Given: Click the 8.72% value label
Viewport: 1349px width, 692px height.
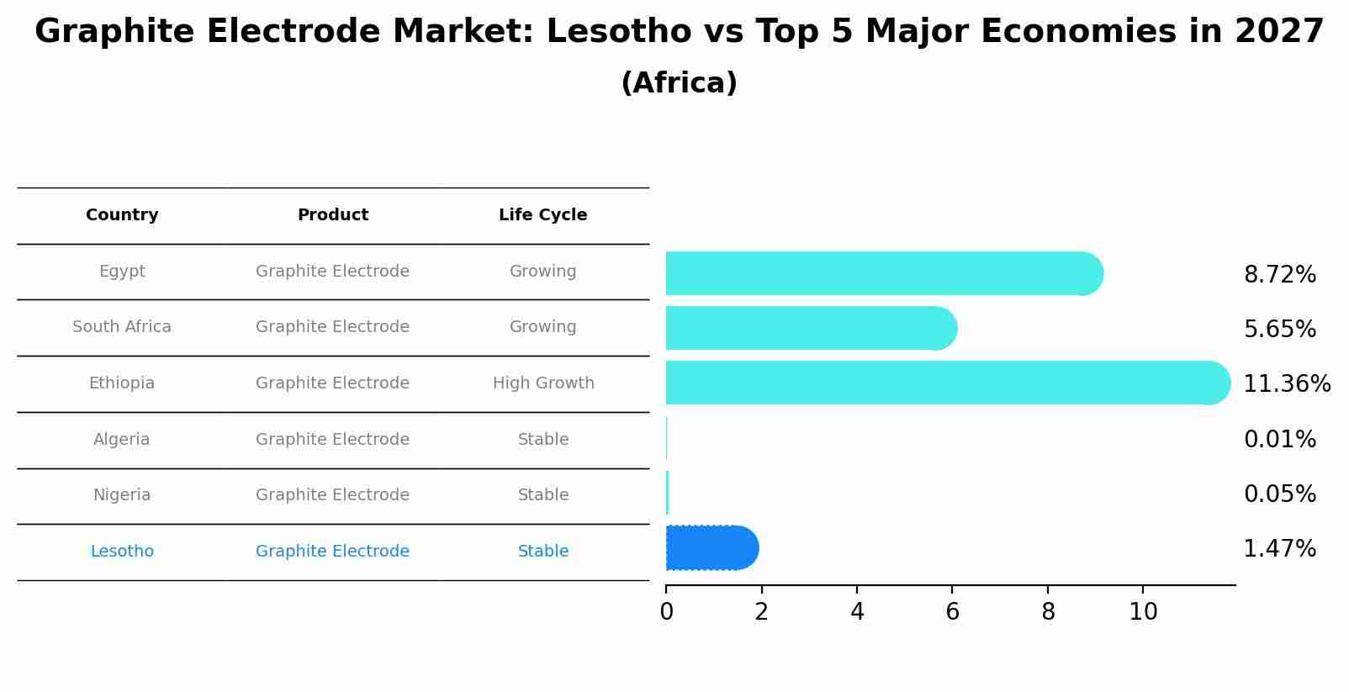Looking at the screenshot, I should pos(1279,275).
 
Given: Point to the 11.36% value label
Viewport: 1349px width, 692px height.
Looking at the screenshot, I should pos(1286,384).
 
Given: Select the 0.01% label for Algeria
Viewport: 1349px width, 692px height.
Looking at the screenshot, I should pos(1279,440).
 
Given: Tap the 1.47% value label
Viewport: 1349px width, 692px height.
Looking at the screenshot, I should pos(1279,549).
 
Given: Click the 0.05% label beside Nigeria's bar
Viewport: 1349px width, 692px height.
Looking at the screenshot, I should pos(1279,494).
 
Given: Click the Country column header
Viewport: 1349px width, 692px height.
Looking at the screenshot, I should pos(122,215).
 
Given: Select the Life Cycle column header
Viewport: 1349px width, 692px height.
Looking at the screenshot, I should pos(542,215).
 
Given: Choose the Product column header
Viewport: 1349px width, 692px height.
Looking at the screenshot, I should pos(332,215).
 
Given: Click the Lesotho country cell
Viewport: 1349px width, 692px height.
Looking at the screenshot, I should pos(122,552).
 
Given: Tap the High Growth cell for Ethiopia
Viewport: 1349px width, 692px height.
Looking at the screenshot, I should pos(542,383).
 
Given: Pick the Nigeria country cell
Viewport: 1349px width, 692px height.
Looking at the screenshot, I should pos(122,495).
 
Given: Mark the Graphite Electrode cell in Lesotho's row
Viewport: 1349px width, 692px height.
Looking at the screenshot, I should pos(332,552).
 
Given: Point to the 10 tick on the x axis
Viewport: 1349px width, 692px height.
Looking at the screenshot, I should pos(1143,612).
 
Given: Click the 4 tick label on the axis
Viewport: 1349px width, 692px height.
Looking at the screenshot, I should pos(857,612).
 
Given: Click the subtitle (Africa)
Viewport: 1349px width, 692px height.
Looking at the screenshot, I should pos(679,83).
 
